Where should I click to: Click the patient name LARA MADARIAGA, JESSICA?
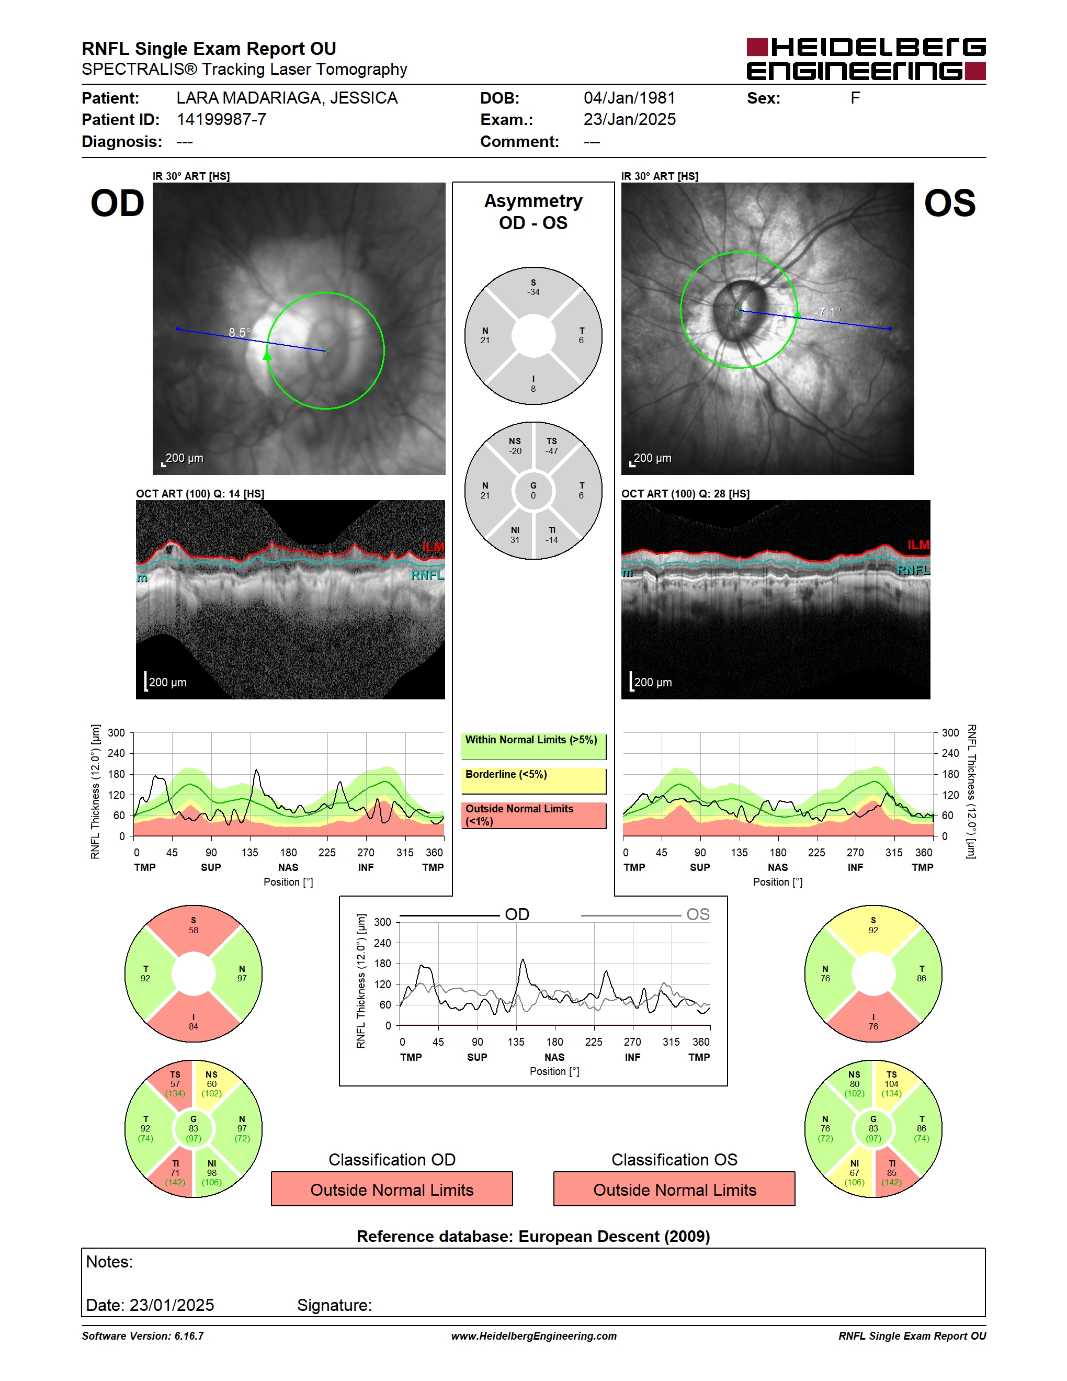pos(287,98)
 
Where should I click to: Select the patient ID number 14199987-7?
pos(221,119)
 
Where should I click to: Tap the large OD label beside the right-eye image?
pos(118,203)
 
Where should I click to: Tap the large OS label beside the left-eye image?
pos(949,203)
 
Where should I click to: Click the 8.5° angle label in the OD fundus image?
pos(240,332)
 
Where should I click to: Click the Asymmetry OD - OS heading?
pos(533,212)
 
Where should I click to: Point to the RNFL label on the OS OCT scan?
pos(913,570)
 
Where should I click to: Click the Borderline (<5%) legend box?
pos(533,781)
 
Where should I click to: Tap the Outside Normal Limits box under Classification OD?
pos(392,1190)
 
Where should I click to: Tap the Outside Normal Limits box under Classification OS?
pos(675,1190)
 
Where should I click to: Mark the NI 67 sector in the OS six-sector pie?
pos(854,1173)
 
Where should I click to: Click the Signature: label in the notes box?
pos(334,1305)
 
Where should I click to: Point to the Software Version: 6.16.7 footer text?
pos(143,1336)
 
